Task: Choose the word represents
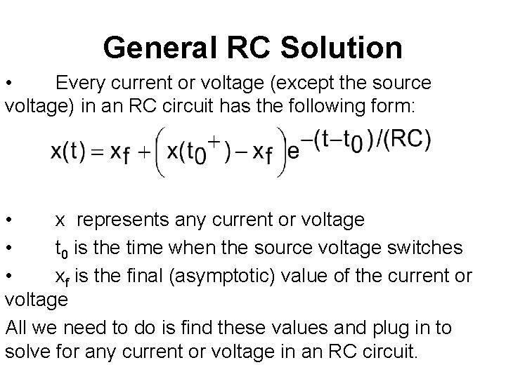123,220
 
